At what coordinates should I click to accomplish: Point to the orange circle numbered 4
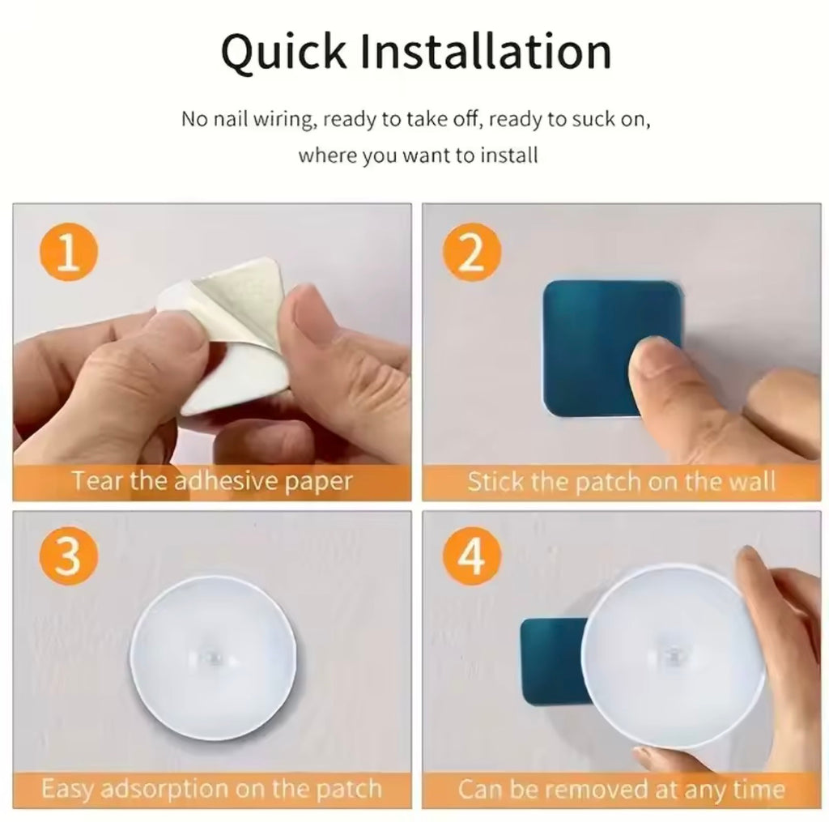coord(472,559)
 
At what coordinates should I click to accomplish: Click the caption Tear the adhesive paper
coord(212,482)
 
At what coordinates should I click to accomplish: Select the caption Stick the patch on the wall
coord(621,482)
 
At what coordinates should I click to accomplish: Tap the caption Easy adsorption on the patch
coord(211,788)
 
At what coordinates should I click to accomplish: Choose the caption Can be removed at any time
coord(621,788)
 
